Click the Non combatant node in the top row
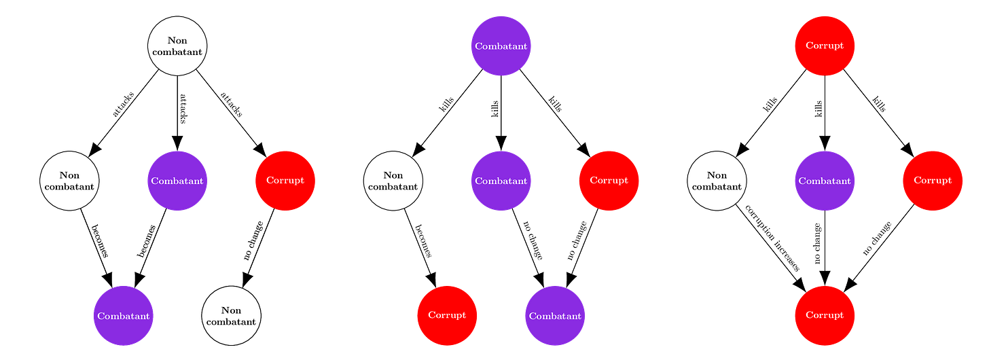(x=177, y=46)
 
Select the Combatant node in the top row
(x=501, y=46)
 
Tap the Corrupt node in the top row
(x=825, y=46)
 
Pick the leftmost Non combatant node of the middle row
(x=69, y=181)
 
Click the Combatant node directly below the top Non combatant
(x=177, y=181)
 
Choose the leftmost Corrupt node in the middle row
(x=285, y=181)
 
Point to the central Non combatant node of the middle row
(x=393, y=181)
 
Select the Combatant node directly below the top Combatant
(x=501, y=181)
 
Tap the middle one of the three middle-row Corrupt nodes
(x=609, y=181)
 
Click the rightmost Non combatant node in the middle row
(x=717, y=181)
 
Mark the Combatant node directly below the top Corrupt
(x=825, y=181)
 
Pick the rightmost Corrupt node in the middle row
(x=933, y=181)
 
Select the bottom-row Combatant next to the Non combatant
(x=124, y=316)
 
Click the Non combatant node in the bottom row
(x=231, y=316)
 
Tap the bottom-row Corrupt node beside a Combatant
(x=447, y=316)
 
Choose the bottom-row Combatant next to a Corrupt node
(x=555, y=316)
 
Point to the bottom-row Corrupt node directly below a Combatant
(x=825, y=316)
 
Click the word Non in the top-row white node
(x=177, y=41)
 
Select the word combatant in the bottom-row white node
(x=231, y=322)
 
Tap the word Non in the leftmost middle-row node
(x=69, y=176)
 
